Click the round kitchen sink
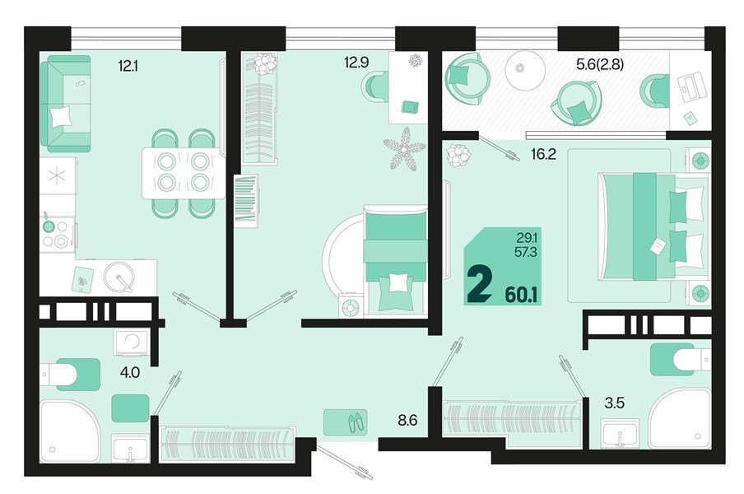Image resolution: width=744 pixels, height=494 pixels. point(120,277)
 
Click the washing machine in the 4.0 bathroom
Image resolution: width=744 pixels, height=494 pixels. point(131,341)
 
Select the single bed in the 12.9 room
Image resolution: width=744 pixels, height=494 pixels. point(394,259)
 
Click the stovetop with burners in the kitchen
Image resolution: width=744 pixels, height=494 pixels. point(57,234)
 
